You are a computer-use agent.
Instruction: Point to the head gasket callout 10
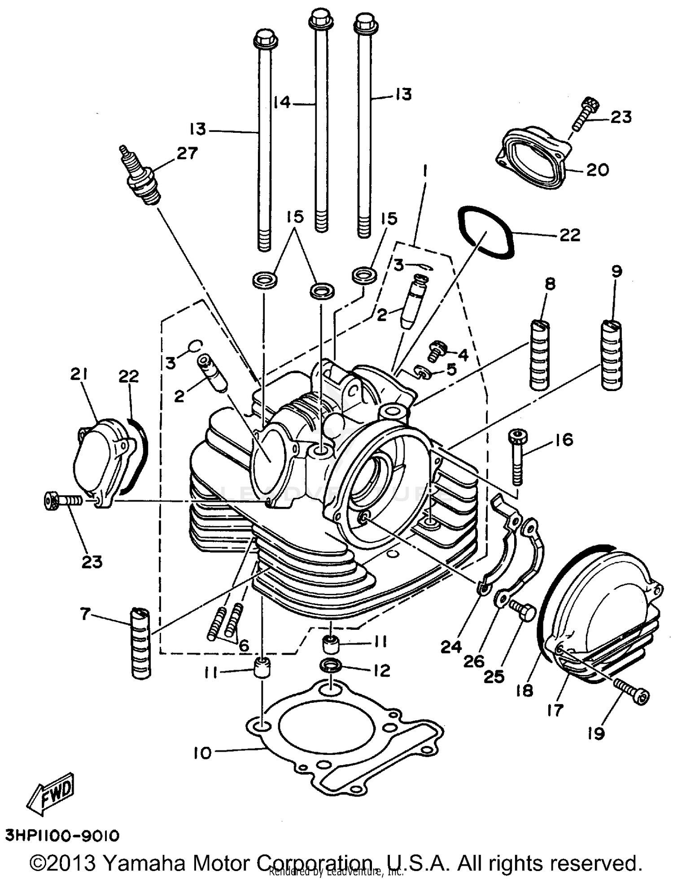[x=202, y=753]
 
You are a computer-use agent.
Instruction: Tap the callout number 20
[x=597, y=170]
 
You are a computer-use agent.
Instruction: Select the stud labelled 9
[x=611, y=356]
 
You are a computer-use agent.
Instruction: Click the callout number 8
[x=550, y=283]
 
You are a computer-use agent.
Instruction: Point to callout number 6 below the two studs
[x=244, y=646]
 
